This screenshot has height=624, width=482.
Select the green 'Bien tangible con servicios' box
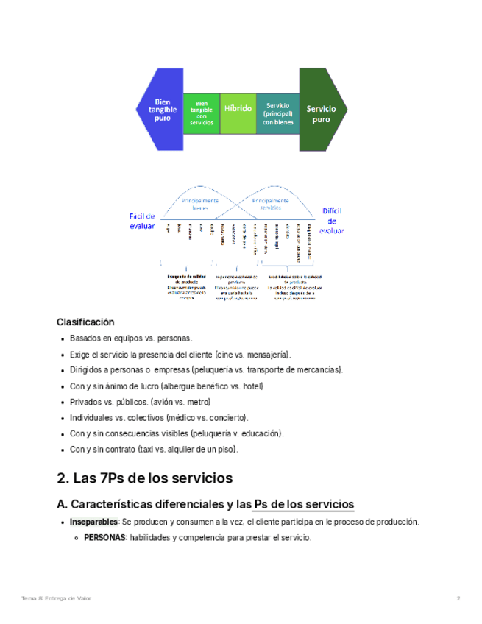point(201,113)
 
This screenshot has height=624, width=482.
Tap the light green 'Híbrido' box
point(238,108)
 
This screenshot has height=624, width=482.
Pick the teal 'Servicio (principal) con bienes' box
point(277,113)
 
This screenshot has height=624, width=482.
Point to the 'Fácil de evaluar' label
point(142,221)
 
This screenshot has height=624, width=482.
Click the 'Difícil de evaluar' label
point(332,220)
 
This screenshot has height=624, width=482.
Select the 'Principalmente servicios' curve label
point(270,204)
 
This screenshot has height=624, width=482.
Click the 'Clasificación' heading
point(85,322)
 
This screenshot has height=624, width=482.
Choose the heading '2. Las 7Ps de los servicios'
point(144,478)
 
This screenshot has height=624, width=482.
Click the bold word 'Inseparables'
point(93,522)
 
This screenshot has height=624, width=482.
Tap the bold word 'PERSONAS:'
point(105,538)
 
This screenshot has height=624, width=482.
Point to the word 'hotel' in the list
point(251,386)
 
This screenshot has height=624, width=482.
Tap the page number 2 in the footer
point(458,598)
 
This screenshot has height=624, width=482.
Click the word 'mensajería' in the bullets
point(267,354)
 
